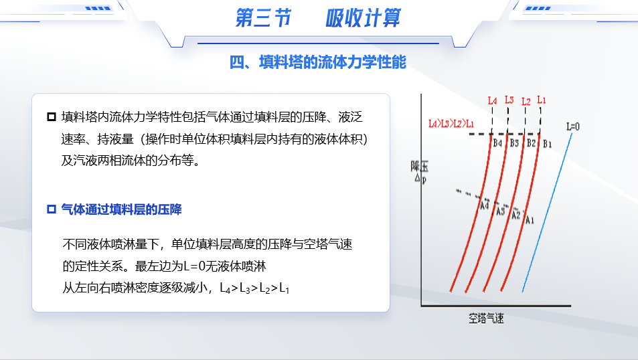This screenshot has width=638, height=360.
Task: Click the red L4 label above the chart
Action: click(492, 100)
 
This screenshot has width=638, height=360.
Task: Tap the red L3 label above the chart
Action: click(509, 100)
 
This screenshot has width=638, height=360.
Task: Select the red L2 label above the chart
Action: click(526, 101)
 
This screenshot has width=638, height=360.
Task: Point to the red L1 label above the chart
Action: click(542, 100)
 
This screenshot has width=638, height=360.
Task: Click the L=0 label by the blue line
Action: click(573, 127)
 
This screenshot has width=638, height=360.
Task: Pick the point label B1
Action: click(547, 144)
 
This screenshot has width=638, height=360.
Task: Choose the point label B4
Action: click(497, 143)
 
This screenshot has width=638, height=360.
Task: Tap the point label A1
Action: click(530, 220)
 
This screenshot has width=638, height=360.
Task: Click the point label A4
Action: click(484, 205)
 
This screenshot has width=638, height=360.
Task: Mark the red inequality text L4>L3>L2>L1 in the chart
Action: click(451, 124)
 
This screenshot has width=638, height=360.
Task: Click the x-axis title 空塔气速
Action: click(486, 318)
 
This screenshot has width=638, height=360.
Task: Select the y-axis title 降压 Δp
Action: click(420, 172)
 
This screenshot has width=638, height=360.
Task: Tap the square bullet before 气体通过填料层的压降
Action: click(52, 209)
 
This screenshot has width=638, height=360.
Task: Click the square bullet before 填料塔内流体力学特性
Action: click(52, 117)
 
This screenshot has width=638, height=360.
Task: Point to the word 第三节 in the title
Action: click(263, 18)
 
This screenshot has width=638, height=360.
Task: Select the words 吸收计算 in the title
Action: click(363, 18)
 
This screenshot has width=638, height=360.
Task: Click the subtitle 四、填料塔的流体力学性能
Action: click(318, 62)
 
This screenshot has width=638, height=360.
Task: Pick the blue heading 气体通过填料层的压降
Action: click(121, 209)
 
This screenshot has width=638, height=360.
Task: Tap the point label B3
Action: click(514, 143)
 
